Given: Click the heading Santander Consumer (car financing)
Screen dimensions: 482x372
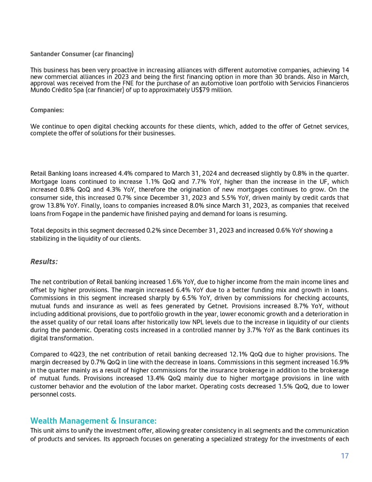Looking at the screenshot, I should point(82,53).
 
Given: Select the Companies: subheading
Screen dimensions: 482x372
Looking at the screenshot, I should point(47,109).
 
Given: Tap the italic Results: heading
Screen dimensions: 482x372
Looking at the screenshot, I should point(44,261).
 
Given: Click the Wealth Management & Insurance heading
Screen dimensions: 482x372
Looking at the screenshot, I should point(93,421).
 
